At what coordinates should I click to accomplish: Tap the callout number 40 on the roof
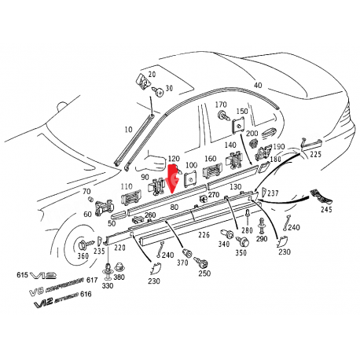[257, 85]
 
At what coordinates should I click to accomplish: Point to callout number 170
[221, 105]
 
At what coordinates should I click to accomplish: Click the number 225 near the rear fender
[315, 155]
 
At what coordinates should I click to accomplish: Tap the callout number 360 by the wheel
[83, 256]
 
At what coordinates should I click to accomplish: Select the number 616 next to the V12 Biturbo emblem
[97, 292]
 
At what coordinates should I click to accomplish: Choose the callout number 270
[214, 194]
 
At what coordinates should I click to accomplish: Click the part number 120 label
[174, 159]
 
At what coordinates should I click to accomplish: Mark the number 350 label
[241, 254]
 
